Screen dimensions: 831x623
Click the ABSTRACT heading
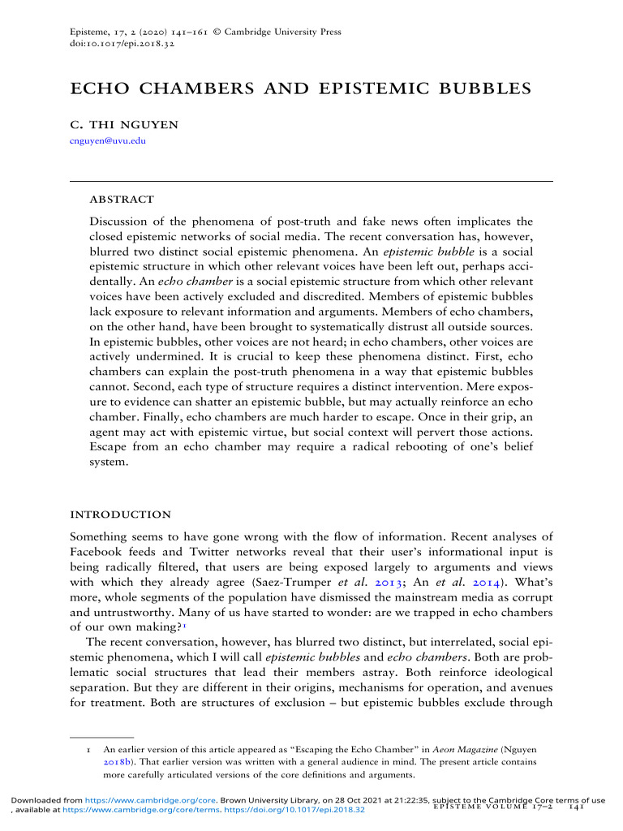122,199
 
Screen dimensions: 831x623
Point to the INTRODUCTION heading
121,515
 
